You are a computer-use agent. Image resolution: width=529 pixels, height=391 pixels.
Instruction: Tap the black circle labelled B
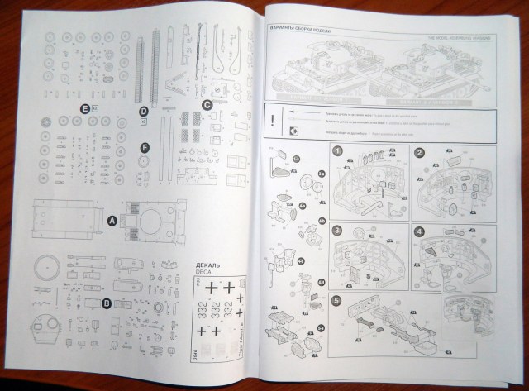(107, 303)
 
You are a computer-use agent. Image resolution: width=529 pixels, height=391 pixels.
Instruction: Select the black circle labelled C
(207, 104)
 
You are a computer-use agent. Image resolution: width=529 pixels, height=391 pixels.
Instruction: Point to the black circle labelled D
(143, 111)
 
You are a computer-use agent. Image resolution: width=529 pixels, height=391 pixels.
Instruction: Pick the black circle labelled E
(83, 108)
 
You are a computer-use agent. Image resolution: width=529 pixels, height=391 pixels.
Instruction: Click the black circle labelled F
(145, 147)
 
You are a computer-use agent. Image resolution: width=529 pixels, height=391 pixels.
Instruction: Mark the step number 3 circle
(336, 230)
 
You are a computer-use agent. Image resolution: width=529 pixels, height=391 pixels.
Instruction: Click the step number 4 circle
(419, 231)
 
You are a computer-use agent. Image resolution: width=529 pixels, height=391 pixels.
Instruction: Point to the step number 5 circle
(336, 300)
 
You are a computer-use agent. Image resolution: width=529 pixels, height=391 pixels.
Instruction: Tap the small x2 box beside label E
(95, 108)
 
